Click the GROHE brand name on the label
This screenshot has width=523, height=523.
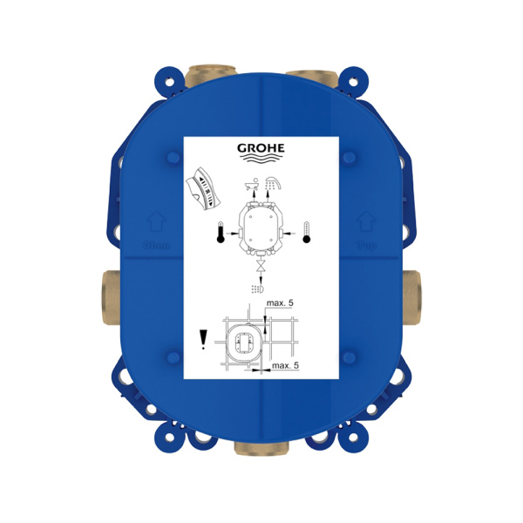(x=260, y=148)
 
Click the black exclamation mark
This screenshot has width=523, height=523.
(x=203, y=337)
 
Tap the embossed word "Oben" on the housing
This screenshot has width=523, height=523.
(x=158, y=246)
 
